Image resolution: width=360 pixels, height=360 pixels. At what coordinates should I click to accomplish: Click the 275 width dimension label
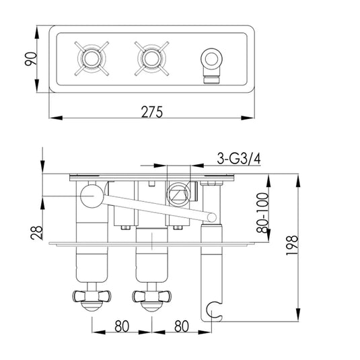152,112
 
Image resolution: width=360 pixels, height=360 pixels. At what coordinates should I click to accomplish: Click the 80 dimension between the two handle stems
121,328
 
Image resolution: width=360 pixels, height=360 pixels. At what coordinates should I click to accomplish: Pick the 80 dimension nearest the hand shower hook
180,328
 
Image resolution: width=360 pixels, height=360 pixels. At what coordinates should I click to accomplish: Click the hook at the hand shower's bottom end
215,310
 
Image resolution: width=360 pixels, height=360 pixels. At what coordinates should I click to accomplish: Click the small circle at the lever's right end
213,217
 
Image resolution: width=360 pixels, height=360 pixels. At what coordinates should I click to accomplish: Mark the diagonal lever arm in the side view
155,207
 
